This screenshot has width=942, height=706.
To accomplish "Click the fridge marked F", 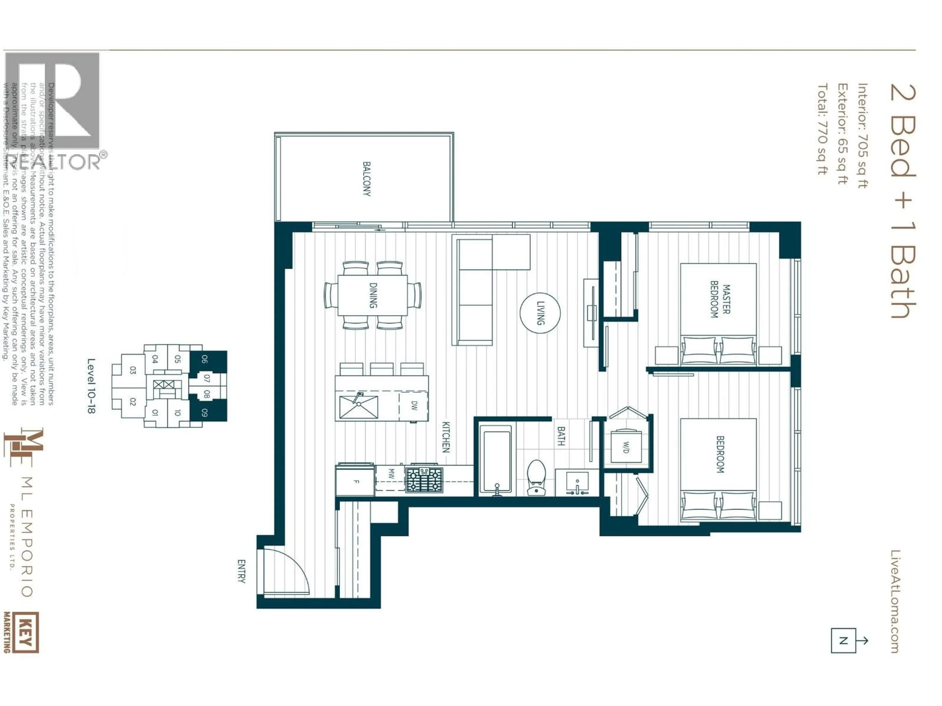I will pyautogui.click(x=355, y=481).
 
